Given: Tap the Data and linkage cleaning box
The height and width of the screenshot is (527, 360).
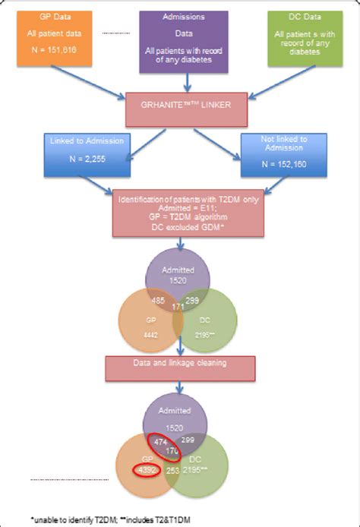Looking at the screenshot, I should (179, 364).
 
